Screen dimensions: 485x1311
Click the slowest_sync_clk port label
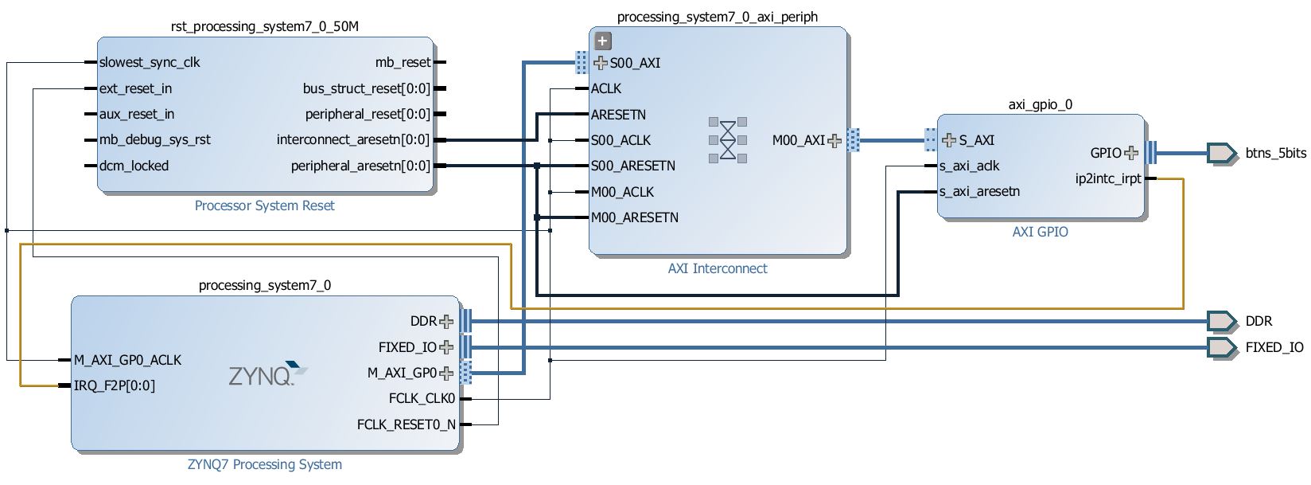click(149, 62)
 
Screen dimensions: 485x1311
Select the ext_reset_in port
click(135, 88)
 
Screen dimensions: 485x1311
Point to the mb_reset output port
click(403, 62)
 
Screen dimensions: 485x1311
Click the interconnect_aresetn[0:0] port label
click(352, 140)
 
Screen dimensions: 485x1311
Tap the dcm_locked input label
click(134, 166)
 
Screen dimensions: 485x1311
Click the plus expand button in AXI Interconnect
click(603, 41)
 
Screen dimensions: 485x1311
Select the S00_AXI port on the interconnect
click(634, 63)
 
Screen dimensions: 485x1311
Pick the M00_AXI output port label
click(799, 140)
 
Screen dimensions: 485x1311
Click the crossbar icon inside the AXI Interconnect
click(728, 140)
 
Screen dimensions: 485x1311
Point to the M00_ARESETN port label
click(634, 217)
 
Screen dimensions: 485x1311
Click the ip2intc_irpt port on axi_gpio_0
click(1108, 178)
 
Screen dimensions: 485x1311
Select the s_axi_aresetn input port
click(979, 192)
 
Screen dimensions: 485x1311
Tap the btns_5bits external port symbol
click(1220, 153)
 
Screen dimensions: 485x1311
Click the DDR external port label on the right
click(1258, 321)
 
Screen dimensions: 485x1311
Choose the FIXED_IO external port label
click(1274, 347)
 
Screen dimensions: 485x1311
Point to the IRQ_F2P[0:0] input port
click(115, 385)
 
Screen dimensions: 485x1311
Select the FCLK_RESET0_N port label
click(406, 424)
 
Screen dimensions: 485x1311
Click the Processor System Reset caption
click(264, 205)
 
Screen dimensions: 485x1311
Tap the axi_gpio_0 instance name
click(1040, 104)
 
